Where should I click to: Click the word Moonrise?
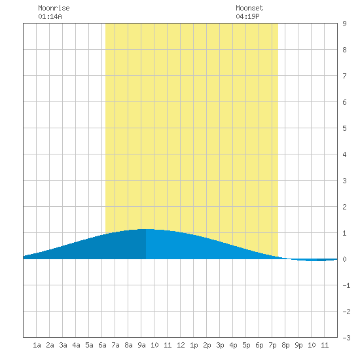click(54, 8)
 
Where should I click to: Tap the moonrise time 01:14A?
click(50, 16)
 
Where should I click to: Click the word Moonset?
click(249, 8)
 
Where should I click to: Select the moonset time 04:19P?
click(247, 16)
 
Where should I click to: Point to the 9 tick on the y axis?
click(344, 24)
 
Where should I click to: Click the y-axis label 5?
click(344, 128)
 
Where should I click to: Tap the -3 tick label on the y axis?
click(346, 338)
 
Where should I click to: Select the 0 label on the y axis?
click(344, 259)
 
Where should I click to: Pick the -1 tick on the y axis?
click(346, 285)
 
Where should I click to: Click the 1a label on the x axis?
click(37, 345)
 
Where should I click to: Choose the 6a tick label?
click(102, 345)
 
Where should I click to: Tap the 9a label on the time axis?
click(141, 345)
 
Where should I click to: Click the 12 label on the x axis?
click(181, 345)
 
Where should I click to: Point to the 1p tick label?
click(194, 345)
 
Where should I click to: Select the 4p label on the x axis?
click(233, 345)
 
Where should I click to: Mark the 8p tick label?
click(285, 345)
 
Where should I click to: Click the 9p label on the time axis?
click(298, 345)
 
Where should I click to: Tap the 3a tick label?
click(63, 345)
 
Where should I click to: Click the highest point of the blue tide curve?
click(145, 229)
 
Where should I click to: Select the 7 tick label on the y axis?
click(344, 76)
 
